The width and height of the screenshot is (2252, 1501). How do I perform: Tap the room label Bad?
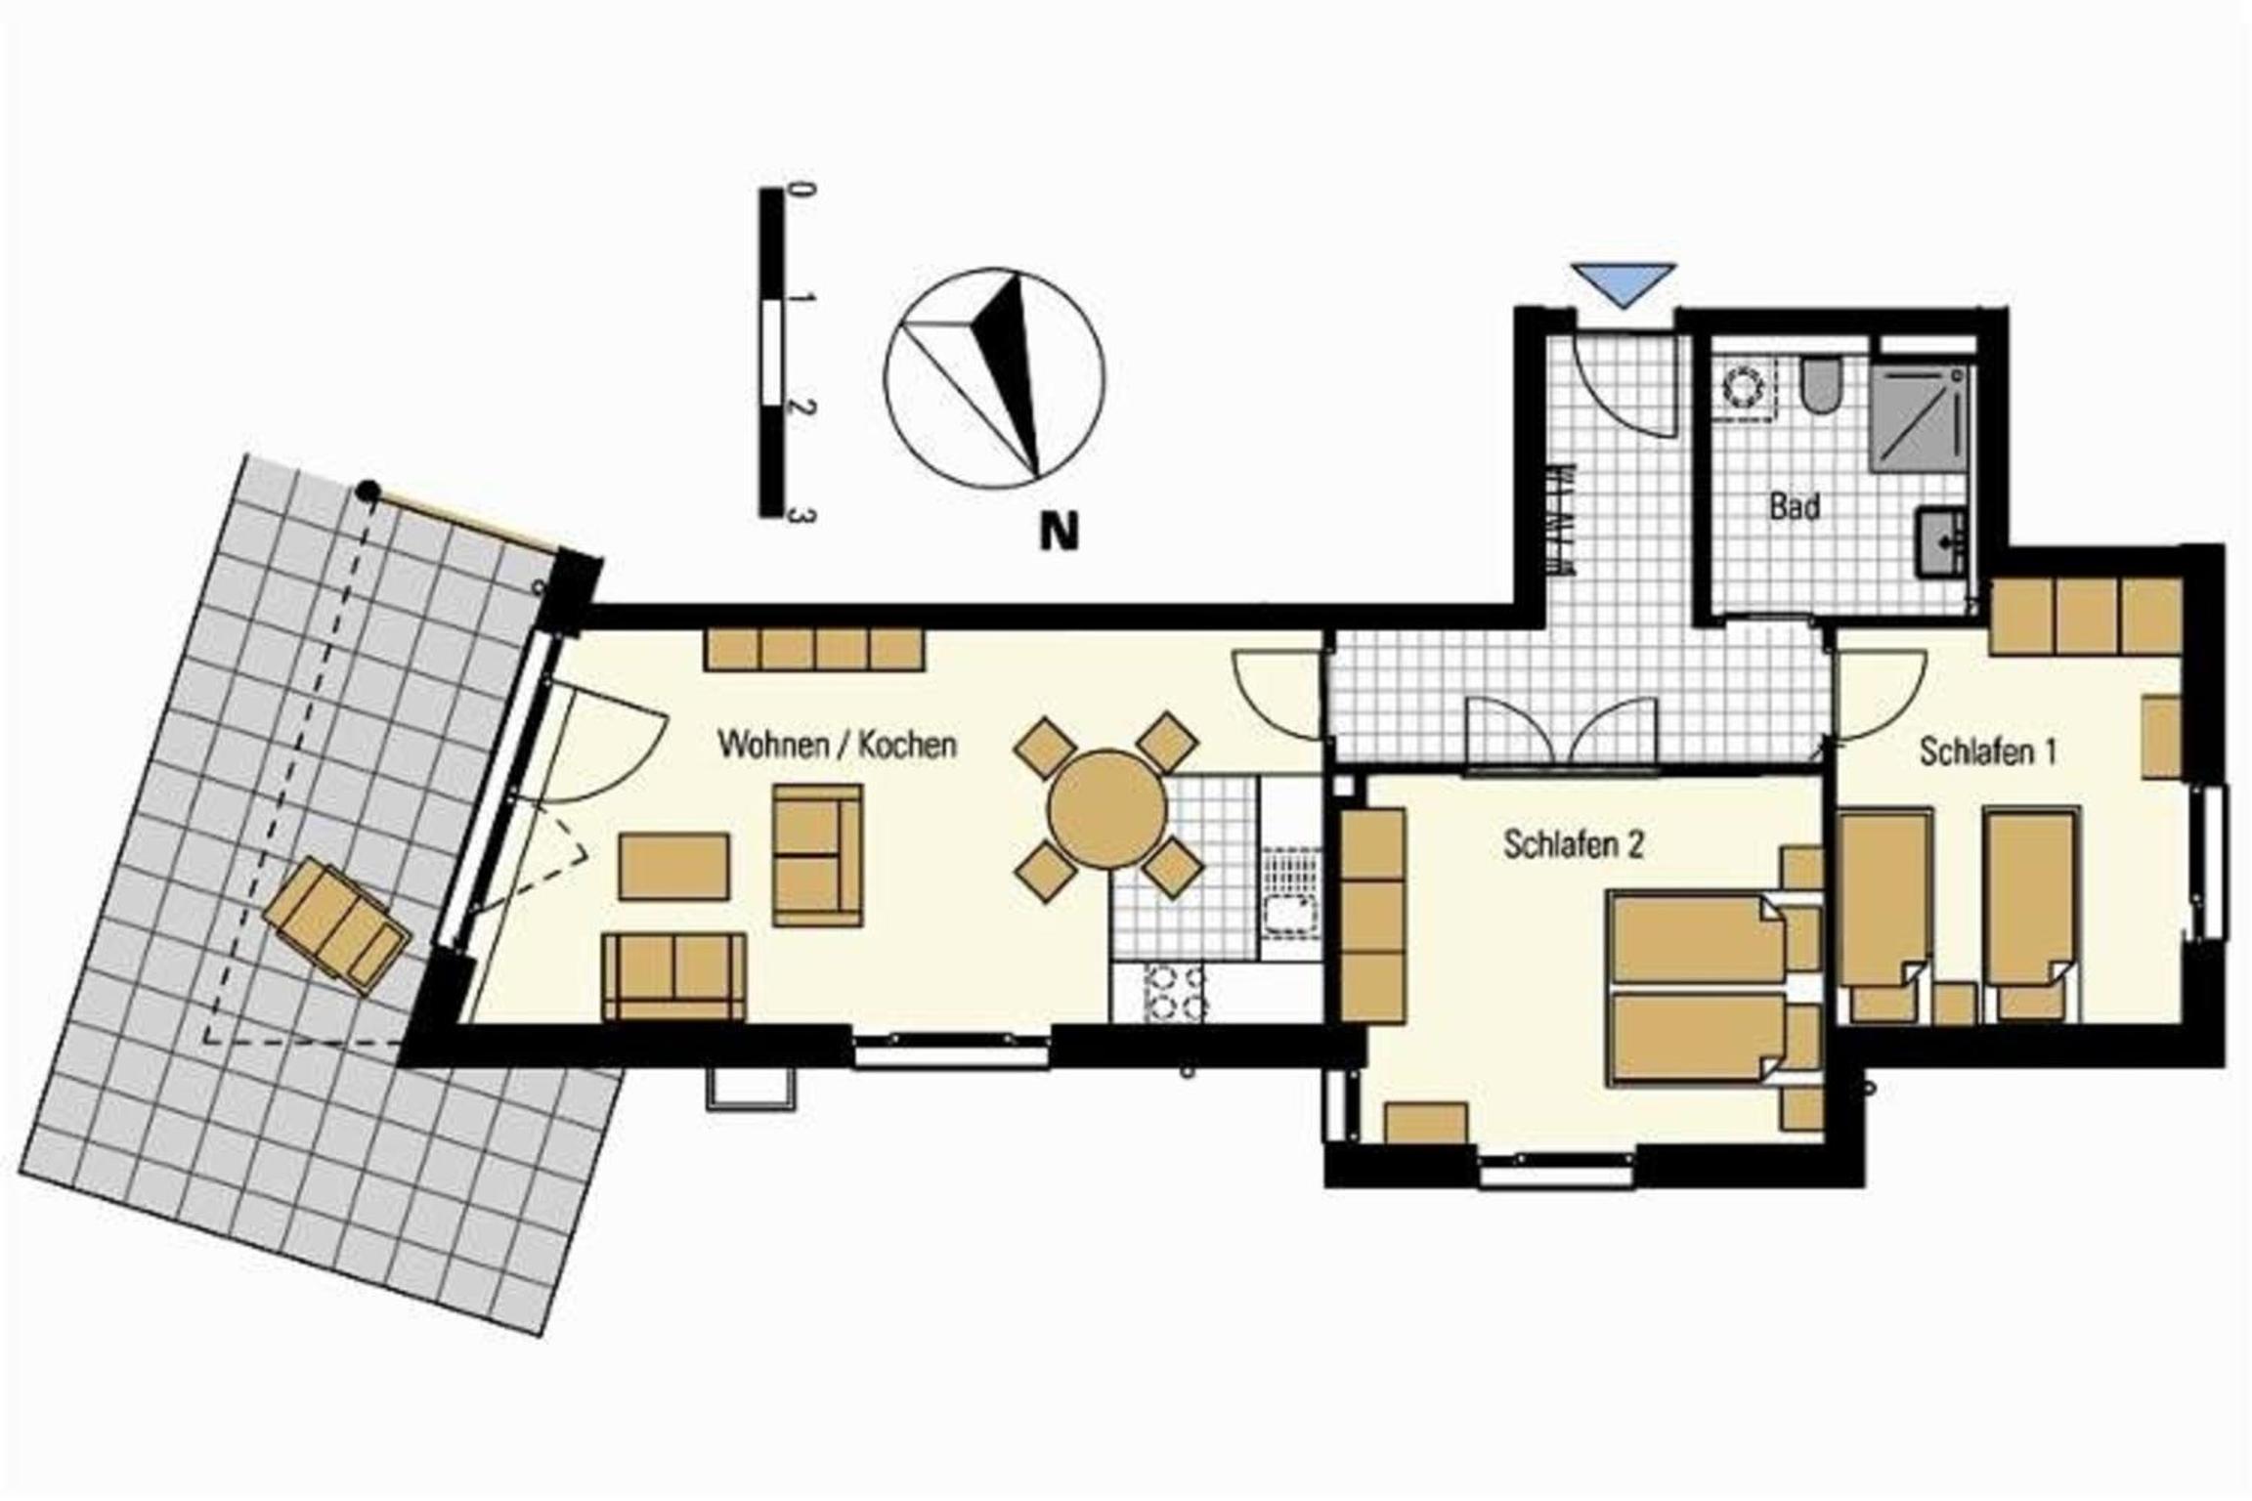[x=1795, y=507]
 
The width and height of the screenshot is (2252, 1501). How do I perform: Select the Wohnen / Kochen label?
[x=837, y=745]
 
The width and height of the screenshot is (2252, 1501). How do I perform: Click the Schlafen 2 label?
[x=1574, y=844]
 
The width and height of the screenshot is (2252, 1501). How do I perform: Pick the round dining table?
[x=1107, y=808]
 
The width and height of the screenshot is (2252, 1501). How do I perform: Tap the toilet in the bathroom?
[x=1820, y=385]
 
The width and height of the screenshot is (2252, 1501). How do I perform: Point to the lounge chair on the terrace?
[x=337, y=923]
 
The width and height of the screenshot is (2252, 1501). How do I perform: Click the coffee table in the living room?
[x=673, y=866]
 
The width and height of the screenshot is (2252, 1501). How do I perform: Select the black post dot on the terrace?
[x=368, y=492]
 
